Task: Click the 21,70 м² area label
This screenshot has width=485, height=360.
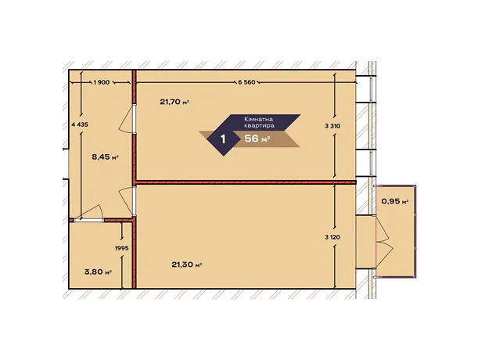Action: point(174,102)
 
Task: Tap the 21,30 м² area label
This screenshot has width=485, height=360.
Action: point(186,265)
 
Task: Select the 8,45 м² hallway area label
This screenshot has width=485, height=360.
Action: point(105,157)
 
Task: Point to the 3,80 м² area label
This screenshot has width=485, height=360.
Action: point(98,272)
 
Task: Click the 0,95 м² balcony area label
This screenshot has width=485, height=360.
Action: point(395,201)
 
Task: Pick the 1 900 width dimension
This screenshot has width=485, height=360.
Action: point(102,82)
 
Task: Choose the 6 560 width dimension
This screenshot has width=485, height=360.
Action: point(247,82)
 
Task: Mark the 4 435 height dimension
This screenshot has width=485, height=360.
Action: point(80,124)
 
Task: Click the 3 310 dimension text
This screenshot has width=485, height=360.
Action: point(332,126)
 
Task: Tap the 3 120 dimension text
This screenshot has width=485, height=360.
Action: point(332,237)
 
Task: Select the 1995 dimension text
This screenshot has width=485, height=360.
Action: point(121,248)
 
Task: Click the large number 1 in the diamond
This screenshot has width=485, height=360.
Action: point(223,139)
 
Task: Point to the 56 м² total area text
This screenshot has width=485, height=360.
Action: point(257,139)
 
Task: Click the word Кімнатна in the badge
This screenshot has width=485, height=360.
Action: point(259,120)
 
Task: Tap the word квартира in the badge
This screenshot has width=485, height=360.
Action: point(259,126)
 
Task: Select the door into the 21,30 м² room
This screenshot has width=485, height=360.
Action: point(128,201)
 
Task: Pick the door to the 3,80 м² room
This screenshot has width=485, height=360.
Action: point(89,214)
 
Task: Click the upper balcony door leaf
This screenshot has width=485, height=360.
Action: point(383,229)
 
